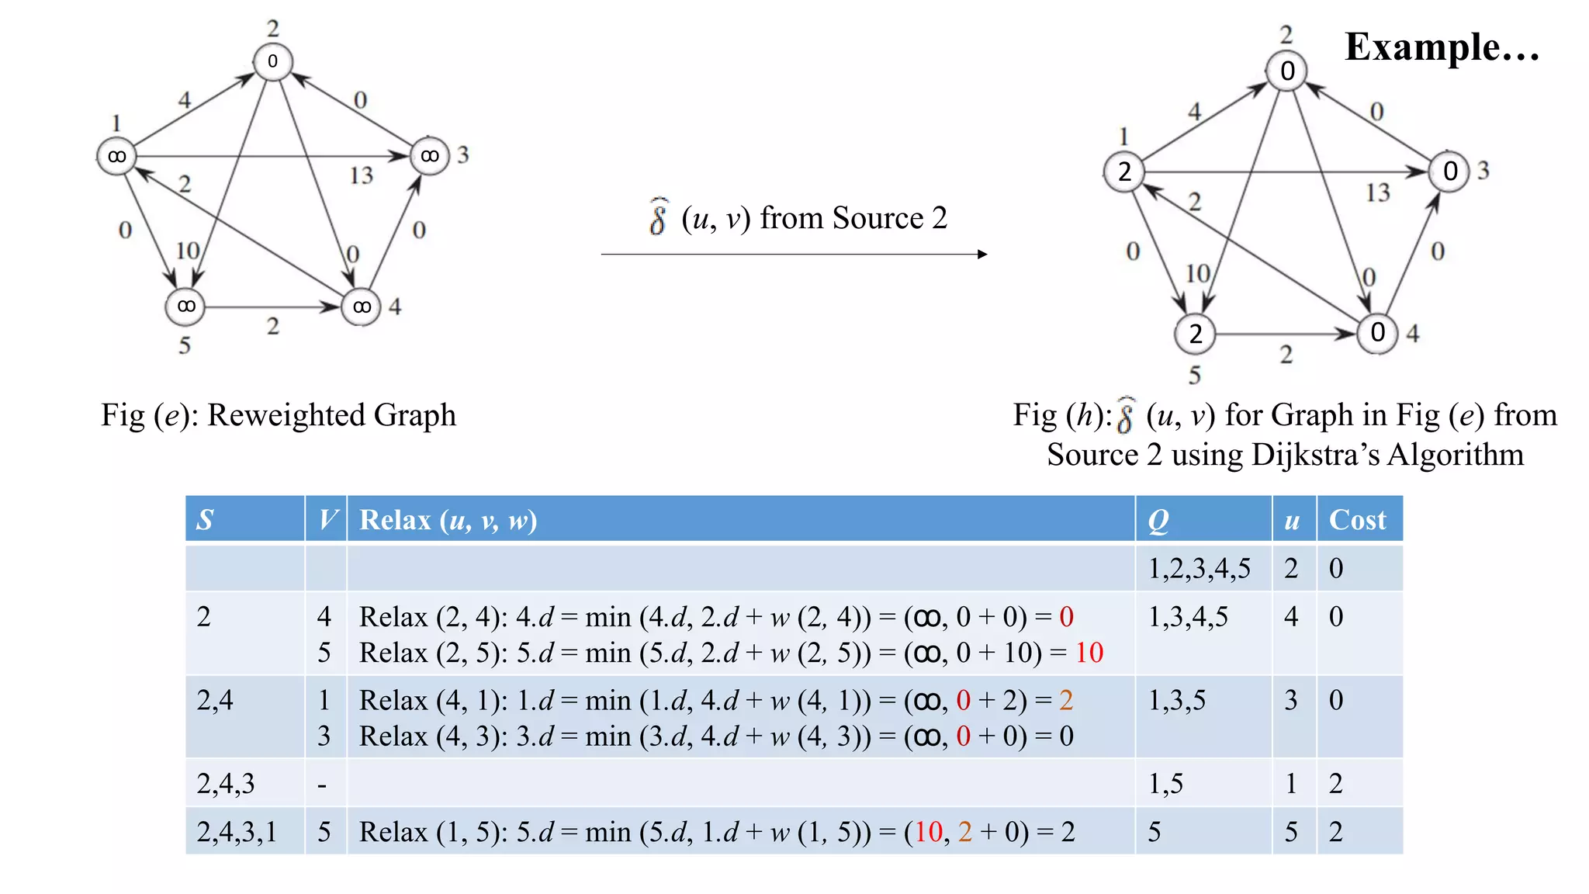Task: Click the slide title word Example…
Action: [1442, 48]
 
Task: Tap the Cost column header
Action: [1357, 520]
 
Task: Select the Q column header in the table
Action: [1158, 520]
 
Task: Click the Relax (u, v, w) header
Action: [448, 520]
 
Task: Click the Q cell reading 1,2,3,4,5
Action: [1199, 569]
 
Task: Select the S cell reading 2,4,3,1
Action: [237, 832]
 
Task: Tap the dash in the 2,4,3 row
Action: [322, 785]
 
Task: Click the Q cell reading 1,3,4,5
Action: [1188, 617]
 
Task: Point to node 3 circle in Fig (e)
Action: [429, 156]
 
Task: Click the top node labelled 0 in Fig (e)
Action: [272, 61]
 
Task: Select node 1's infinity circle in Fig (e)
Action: [116, 157]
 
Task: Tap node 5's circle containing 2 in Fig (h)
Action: [1195, 334]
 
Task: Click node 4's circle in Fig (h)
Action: [1377, 333]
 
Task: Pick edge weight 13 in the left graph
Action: [361, 175]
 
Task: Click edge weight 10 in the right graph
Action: [1197, 273]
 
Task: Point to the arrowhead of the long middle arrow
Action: [982, 254]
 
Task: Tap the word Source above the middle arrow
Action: [878, 218]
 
